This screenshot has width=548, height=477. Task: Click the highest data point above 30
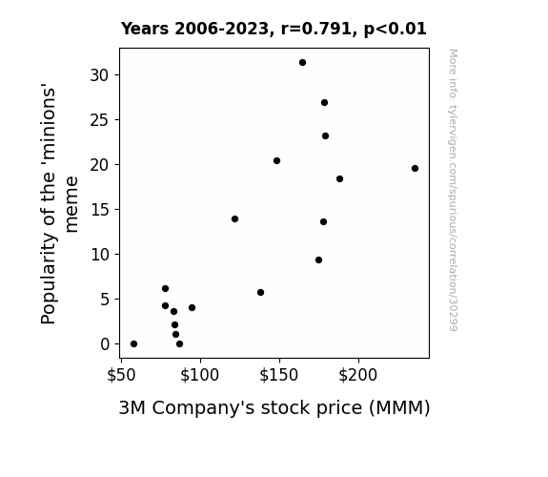(303, 63)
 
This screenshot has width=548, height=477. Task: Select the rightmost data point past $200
(415, 168)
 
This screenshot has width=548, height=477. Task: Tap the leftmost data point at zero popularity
(133, 344)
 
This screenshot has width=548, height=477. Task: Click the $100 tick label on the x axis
(199, 375)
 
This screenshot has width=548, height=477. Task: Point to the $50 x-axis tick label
(121, 375)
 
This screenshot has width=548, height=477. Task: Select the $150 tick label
(278, 375)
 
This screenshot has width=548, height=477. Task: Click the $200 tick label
(358, 375)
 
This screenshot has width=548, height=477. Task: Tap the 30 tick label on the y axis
(100, 75)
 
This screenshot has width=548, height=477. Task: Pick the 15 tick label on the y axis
(100, 210)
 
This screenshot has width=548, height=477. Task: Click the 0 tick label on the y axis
(105, 344)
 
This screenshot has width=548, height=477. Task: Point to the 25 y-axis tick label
(100, 120)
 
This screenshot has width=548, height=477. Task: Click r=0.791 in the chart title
(316, 29)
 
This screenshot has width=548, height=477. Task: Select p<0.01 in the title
(396, 30)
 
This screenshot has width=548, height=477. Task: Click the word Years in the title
(145, 29)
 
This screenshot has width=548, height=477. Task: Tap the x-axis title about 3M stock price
(274, 407)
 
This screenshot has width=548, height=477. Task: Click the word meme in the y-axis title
(71, 204)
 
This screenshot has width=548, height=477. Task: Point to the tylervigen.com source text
(453, 190)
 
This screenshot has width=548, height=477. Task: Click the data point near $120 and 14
(234, 219)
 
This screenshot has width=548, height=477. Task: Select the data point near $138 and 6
(260, 292)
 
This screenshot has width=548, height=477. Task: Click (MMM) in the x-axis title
(399, 408)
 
